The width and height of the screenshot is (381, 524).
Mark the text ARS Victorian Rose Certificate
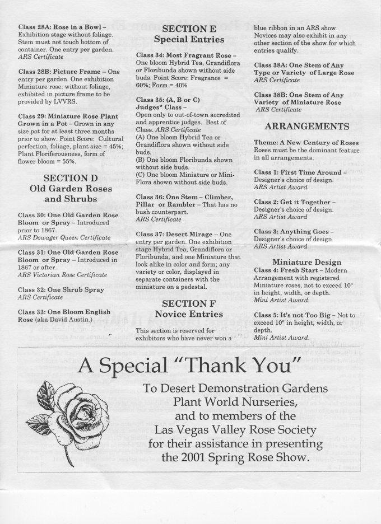(x=62, y=275)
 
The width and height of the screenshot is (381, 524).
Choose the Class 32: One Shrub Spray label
(x=59, y=289)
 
